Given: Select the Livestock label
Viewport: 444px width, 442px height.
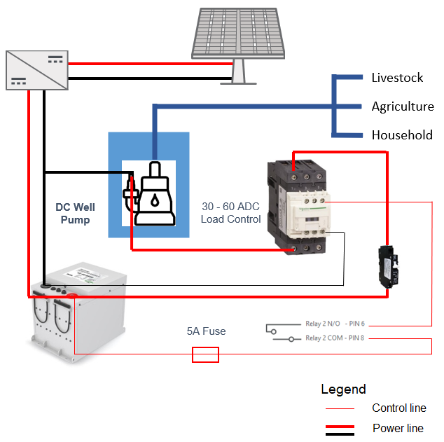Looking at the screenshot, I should (x=397, y=78).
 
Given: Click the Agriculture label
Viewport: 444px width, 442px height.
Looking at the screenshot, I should (x=403, y=106).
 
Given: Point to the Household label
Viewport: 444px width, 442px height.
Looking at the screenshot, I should (x=402, y=135).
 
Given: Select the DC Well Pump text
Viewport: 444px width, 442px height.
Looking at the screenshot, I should (x=75, y=214).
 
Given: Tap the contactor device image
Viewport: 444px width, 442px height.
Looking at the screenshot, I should (x=298, y=203).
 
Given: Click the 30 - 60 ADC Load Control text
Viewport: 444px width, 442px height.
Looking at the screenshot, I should (x=230, y=213).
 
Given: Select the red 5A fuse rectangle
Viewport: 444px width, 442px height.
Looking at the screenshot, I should (x=205, y=355).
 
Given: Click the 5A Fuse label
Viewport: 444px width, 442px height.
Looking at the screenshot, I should (x=206, y=331).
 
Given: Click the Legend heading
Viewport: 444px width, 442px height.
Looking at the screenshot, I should (x=343, y=389).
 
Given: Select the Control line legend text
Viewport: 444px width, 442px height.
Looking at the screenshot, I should (x=399, y=408).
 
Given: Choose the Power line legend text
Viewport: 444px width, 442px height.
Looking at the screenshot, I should (x=398, y=428).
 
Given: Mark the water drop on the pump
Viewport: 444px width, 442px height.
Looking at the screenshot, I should (x=154, y=200).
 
